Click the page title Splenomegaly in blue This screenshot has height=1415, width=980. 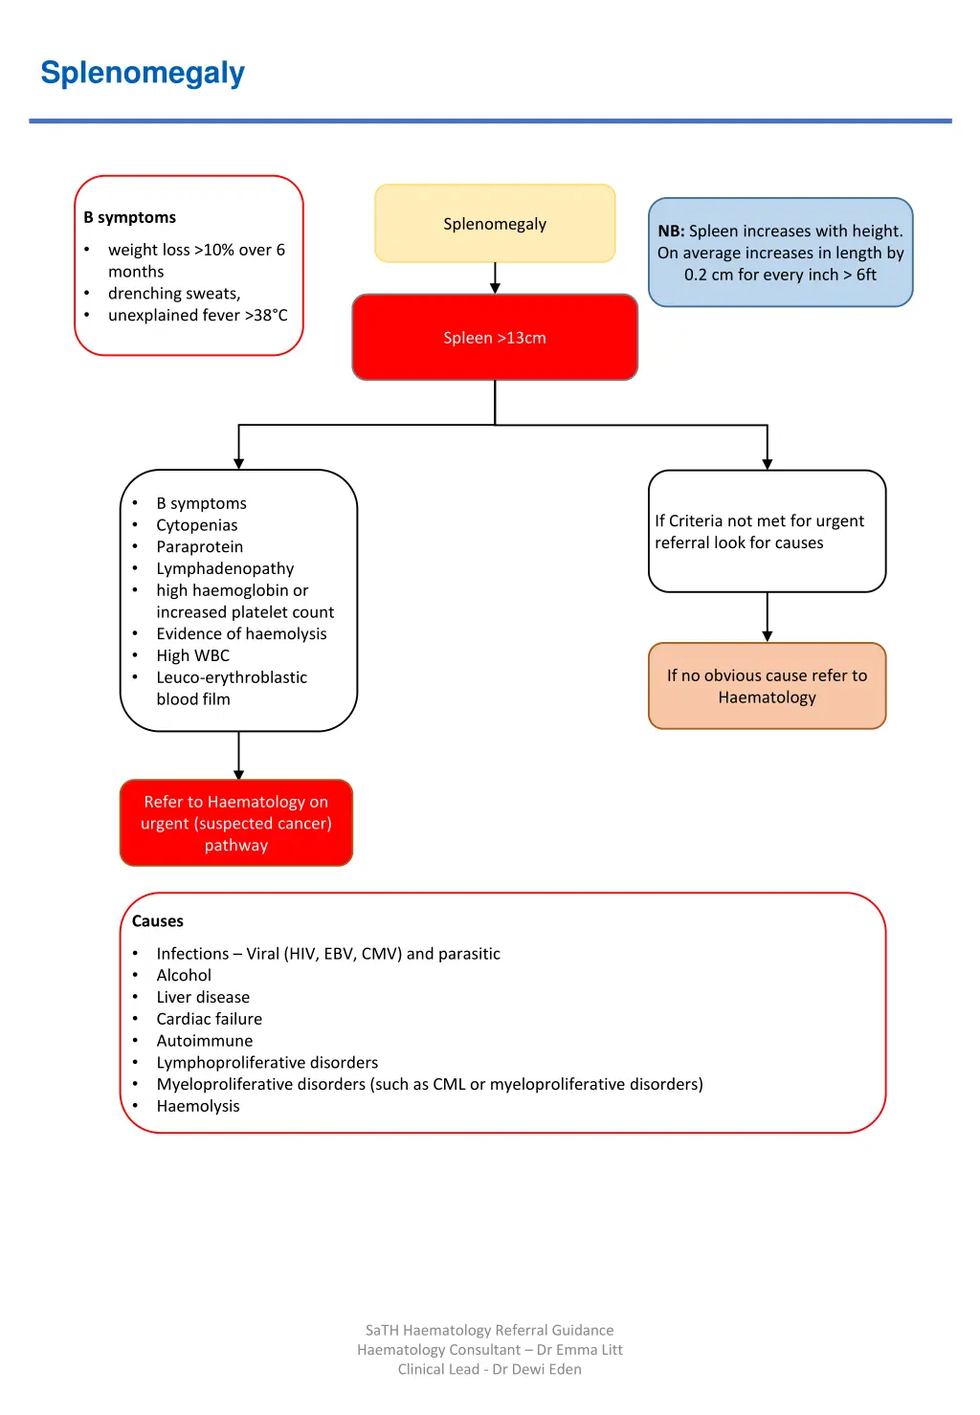tap(143, 73)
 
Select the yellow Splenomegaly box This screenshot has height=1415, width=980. tap(495, 224)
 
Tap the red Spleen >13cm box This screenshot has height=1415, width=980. tap(495, 338)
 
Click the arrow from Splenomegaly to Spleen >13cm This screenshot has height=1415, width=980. tap(495, 277)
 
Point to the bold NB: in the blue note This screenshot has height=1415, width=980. tap(671, 232)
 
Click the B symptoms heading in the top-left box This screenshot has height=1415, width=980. tap(130, 217)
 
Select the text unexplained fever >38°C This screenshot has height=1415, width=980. tap(197, 316)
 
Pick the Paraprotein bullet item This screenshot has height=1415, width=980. tap(199, 547)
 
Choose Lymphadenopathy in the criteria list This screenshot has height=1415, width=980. tap(225, 569)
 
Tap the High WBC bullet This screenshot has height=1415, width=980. tap(192, 656)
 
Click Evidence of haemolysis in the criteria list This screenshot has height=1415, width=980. tap(241, 634)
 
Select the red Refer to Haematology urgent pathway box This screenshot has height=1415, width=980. tap(236, 824)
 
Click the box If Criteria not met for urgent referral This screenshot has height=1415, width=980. tap(767, 532)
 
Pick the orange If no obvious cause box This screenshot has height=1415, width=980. tap(767, 687)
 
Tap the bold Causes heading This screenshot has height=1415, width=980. tap(158, 921)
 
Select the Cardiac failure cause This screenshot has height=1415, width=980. tap(209, 1020)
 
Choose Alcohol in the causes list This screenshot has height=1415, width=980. tap(184, 976)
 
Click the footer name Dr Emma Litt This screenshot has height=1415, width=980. tap(579, 1350)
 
